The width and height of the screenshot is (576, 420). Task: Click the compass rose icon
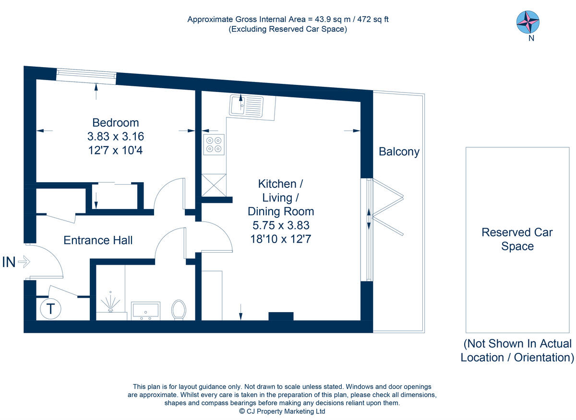pos(528,22)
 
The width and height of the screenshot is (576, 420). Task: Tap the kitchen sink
pos(246,105)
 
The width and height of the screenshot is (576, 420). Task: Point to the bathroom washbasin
pos(145,310)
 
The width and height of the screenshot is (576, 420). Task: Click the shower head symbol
pos(111,303)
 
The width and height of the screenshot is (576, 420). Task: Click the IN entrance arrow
pos(24,262)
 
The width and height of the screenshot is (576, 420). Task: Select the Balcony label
pos(399,152)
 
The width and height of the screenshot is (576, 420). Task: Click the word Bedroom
pos(116,122)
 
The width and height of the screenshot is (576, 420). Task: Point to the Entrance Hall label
pos(98,240)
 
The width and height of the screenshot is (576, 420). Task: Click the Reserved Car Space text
pos(517,239)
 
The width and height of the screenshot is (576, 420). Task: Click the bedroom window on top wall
pos(86,76)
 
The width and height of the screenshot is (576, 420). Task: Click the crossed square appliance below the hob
pos(214,185)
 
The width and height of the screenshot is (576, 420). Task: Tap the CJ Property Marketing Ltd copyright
pos(282,411)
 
